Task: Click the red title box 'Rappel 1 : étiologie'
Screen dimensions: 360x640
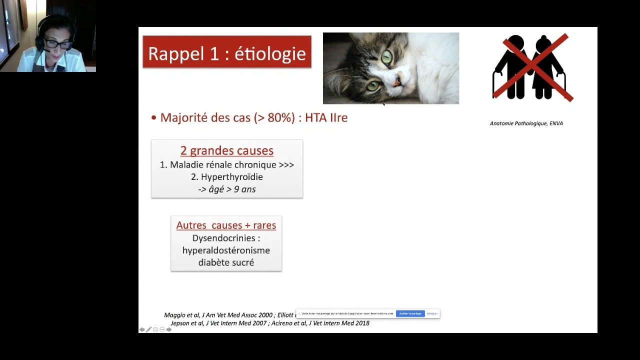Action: (227, 52)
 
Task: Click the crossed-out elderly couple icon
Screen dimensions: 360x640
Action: (532, 67)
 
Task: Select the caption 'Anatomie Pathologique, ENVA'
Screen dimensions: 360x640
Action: (526, 123)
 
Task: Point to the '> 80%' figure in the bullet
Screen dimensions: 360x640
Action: (274, 118)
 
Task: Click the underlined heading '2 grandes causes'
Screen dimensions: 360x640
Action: (226, 150)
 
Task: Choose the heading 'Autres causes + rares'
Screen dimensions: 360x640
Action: (226, 225)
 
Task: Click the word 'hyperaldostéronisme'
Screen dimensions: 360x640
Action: (226, 250)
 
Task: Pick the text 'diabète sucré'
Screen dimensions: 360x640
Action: (226, 262)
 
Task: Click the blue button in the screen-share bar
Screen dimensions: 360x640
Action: (410, 313)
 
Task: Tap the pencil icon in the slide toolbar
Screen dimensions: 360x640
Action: (148, 329)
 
